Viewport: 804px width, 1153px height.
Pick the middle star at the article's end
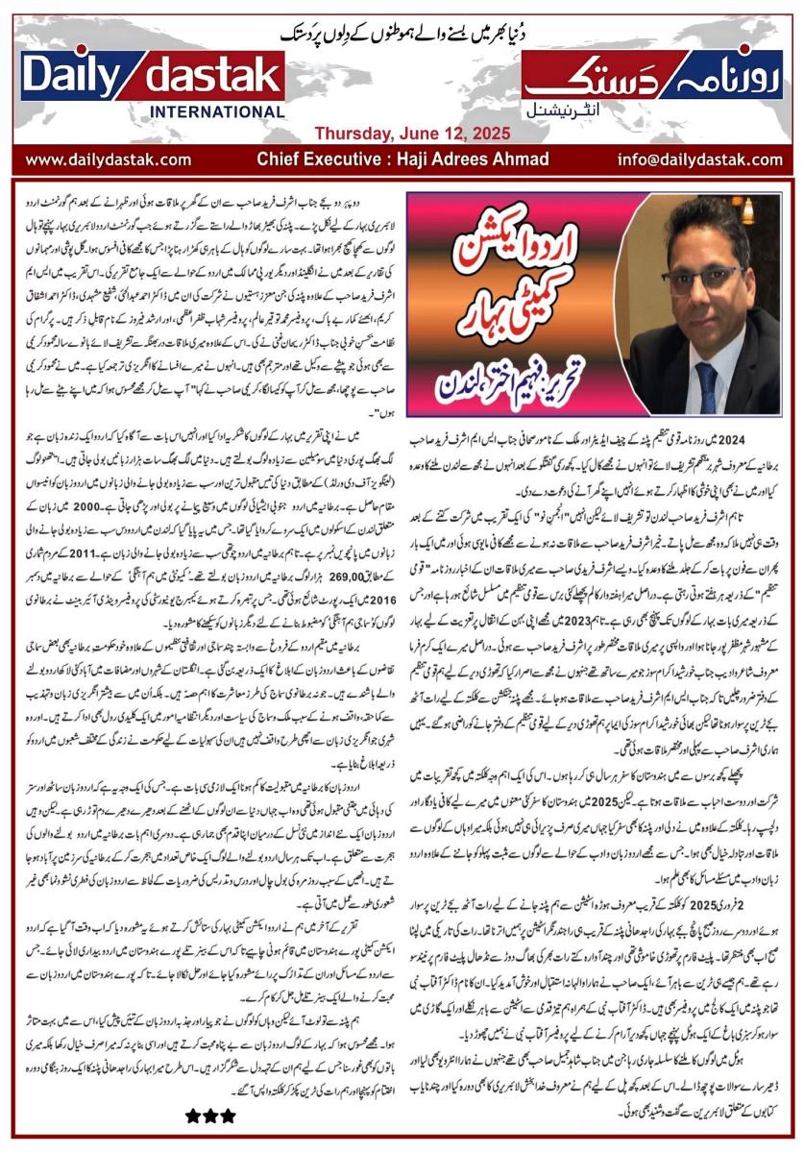tap(207, 1116)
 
